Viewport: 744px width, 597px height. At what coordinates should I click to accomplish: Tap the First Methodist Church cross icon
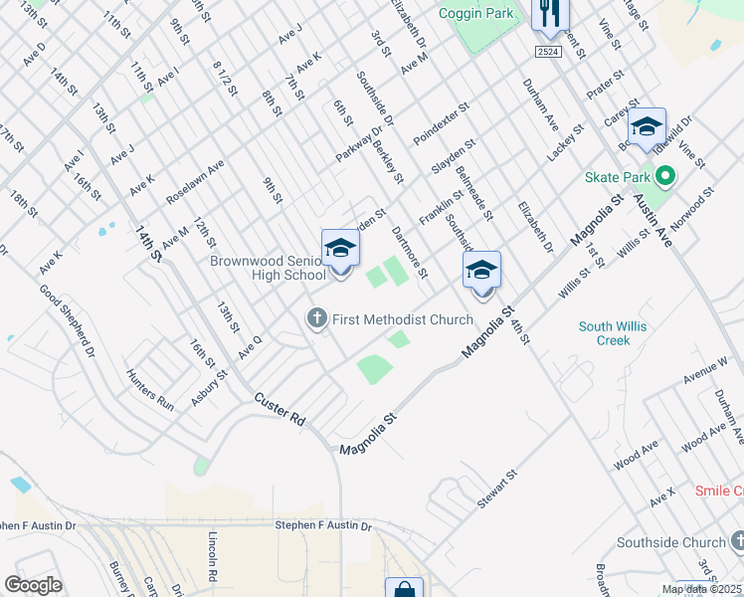point(316,319)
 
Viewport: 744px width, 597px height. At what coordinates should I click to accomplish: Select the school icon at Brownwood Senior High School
point(340,249)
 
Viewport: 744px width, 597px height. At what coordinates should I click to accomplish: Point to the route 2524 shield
point(547,51)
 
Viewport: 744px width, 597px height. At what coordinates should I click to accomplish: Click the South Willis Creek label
point(605,333)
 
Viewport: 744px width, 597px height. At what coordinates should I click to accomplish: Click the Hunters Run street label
point(150,389)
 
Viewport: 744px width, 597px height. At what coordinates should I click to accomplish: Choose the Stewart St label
point(498,491)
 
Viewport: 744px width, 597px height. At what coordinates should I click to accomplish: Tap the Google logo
point(33,585)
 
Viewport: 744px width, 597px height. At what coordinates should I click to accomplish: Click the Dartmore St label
point(409,253)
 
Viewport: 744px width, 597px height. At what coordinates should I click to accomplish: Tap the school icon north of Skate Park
point(647,126)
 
